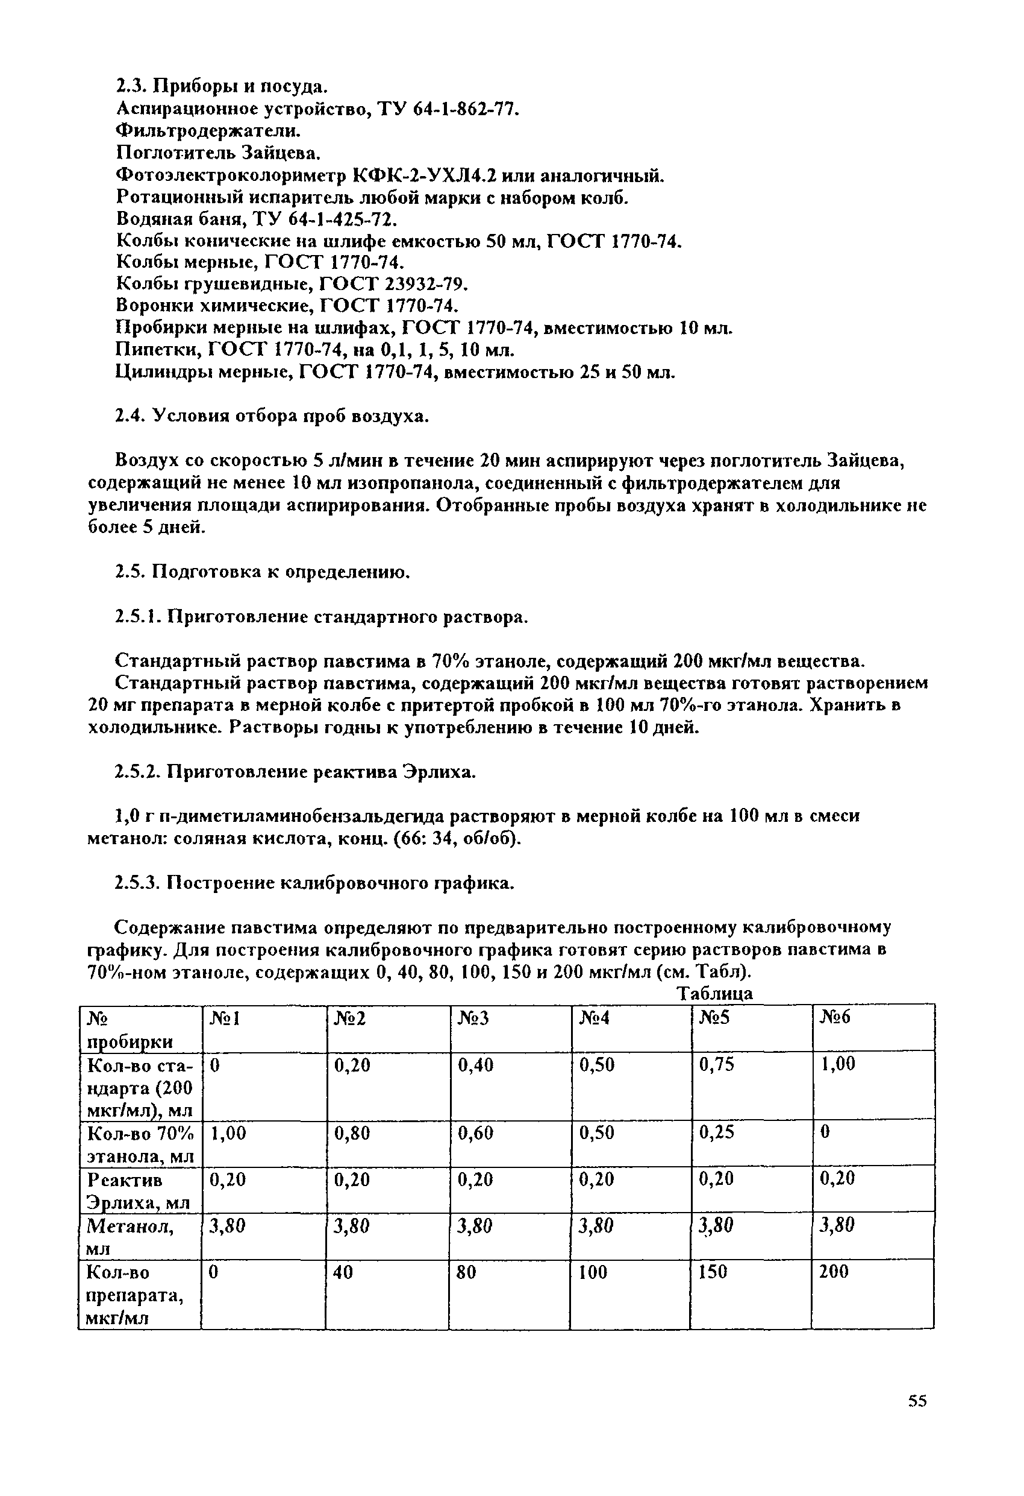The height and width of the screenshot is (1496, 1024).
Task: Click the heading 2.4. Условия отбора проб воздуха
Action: tap(272, 417)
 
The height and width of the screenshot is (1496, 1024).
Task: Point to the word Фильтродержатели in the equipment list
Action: tap(208, 131)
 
